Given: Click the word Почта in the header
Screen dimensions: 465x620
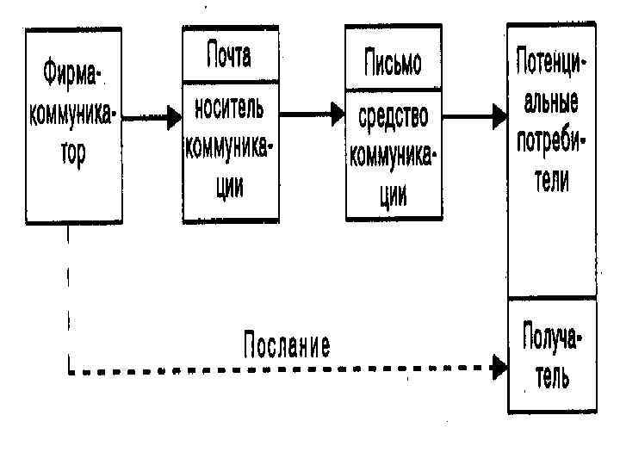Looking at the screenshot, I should (228, 57).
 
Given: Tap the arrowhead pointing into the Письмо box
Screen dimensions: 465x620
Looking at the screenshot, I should (337, 113).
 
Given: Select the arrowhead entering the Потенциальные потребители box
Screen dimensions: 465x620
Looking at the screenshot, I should (499, 114).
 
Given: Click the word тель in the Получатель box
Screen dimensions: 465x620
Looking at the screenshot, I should (552, 376).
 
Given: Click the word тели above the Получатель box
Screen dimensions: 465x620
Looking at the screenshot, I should (551, 181).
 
